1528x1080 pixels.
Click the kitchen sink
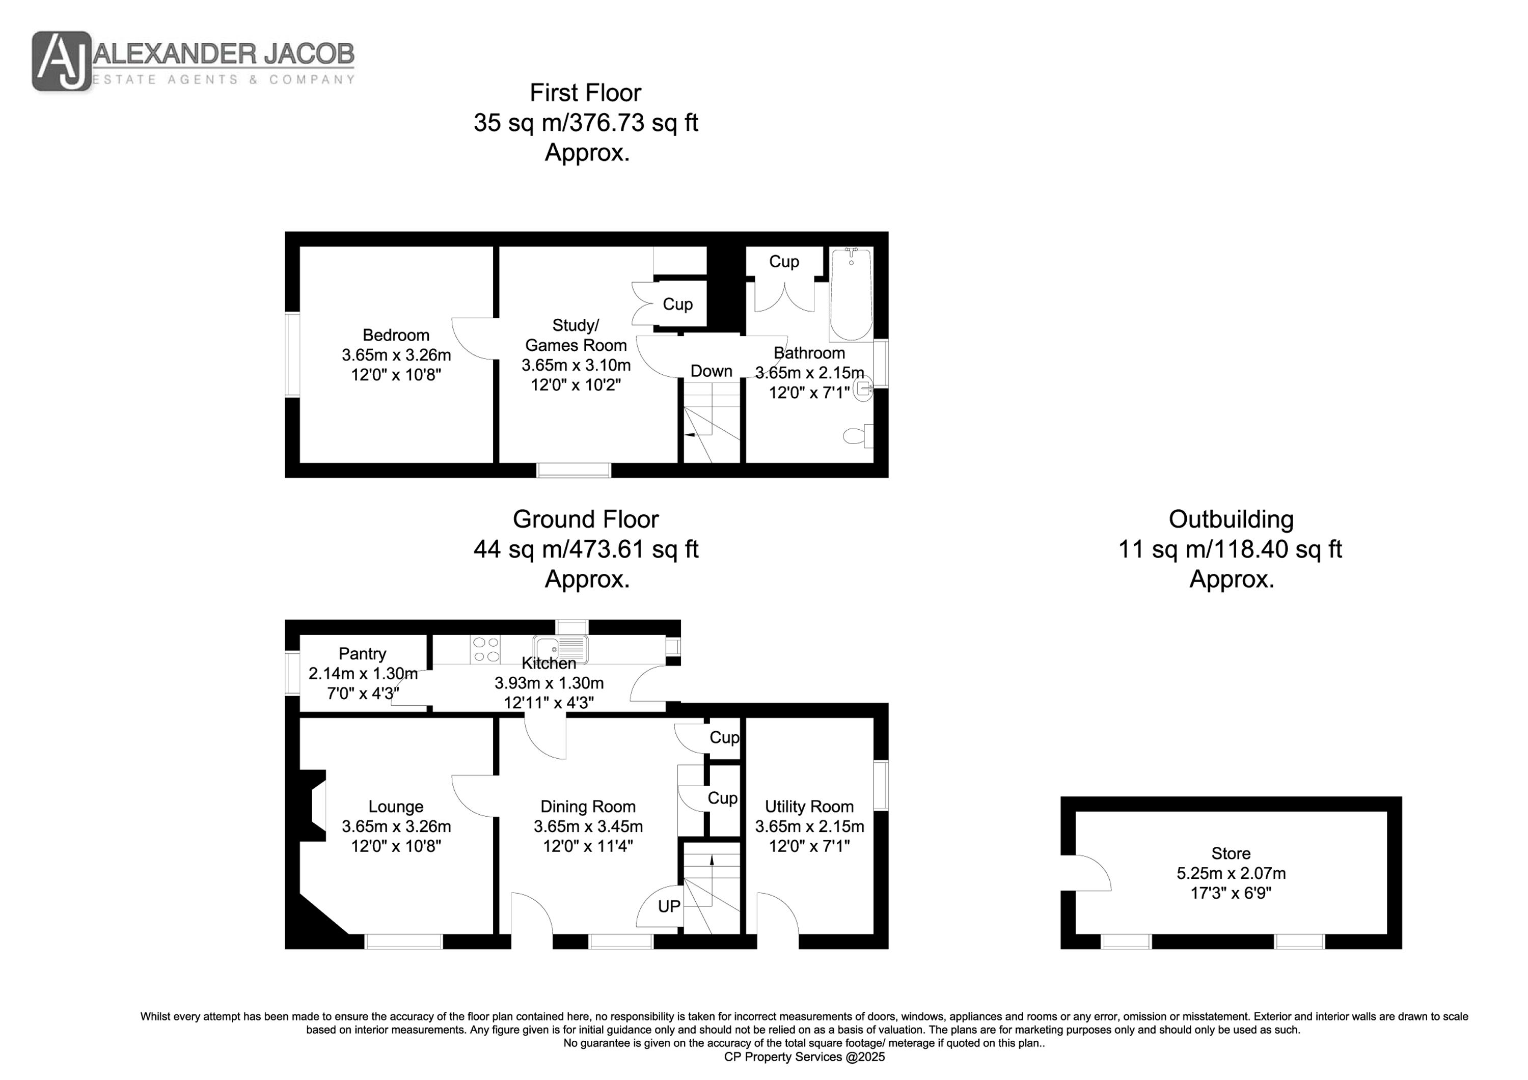click(x=560, y=649)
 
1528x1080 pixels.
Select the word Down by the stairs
click(x=712, y=371)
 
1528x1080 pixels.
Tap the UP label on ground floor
click(x=669, y=906)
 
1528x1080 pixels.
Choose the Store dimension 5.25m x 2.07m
click(x=1231, y=873)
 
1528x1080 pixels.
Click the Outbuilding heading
click(x=1231, y=519)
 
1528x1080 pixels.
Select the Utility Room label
click(x=809, y=807)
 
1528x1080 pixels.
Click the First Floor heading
click(x=586, y=93)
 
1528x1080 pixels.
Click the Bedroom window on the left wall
click(x=293, y=355)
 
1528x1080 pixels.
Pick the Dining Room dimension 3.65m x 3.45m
click(x=588, y=826)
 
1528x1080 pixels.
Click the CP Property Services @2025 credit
click(x=805, y=1057)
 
